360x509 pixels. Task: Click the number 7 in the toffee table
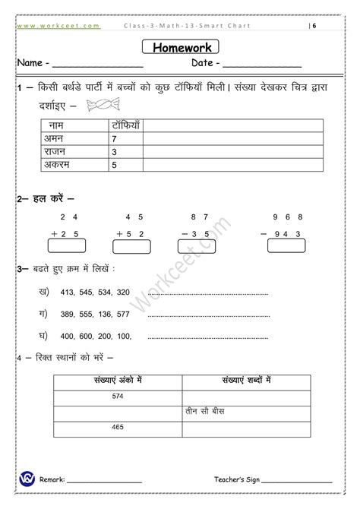pos(114,139)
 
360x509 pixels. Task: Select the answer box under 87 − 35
pos(200,245)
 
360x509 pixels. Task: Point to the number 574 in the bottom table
pos(117,396)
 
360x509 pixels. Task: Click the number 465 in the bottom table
pos(117,428)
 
